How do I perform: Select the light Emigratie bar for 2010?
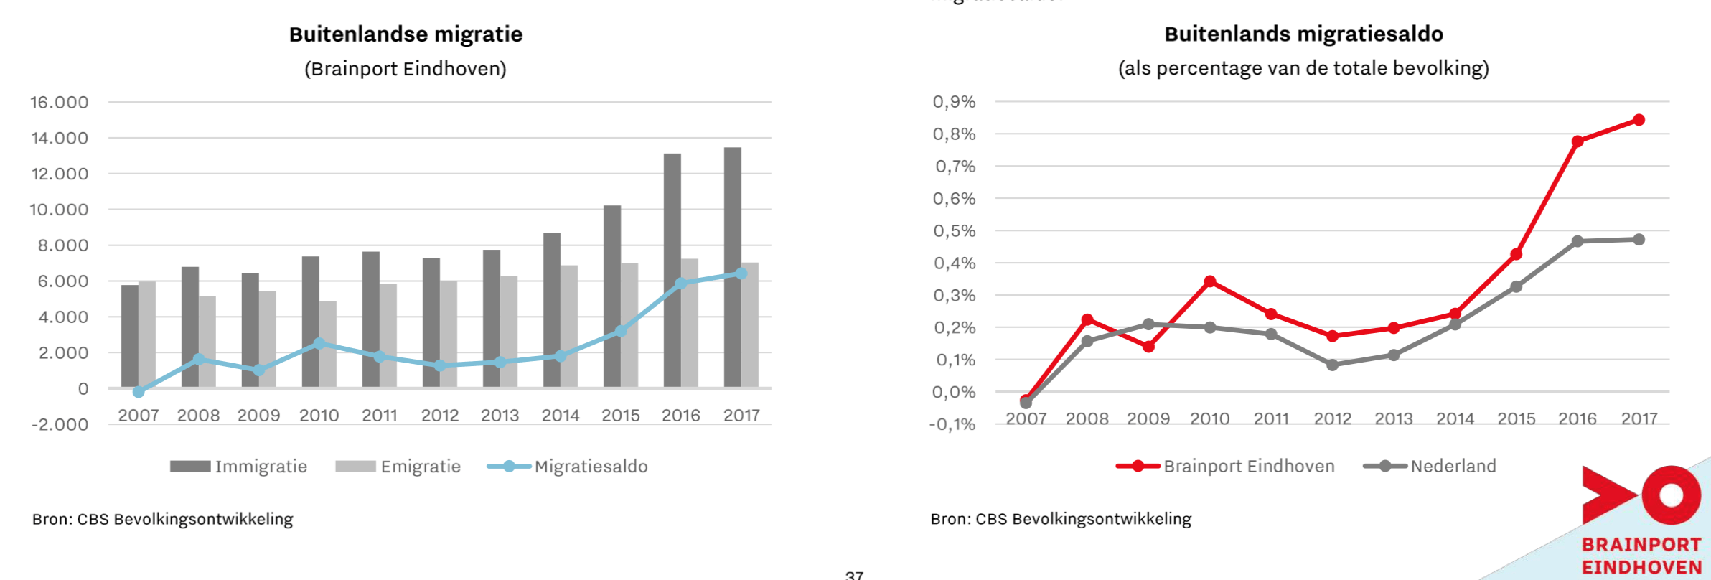pyautogui.click(x=328, y=345)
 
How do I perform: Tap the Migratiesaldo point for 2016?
pyautogui.click(x=681, y=284)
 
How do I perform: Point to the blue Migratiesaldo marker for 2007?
pyautogui.click(x=139, y=392)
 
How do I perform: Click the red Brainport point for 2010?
pyautogui.click(x=1210, y=281)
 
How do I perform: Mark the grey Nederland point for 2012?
pyautogui.click(x=1333, y=365)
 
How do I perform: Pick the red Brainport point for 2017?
pyautogui.click(x=1639, y=120)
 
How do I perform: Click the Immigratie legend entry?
pyautogui.click(x=239, y=467)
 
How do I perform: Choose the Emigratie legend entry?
pyautogui.click(x=398, y=467)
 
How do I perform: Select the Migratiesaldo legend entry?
pyautogui.click(x=568, y=467)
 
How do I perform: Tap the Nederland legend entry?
pyautogui.click(x=1430, y=466)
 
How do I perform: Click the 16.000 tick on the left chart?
pyautogui.click(x=60, y=103)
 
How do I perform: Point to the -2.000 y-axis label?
pyautogui.click(x=60, y=424)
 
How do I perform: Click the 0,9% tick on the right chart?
pyautogui.click(x=954, y=102)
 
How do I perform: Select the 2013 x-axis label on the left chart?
pyautogui.click(x=500, y=416)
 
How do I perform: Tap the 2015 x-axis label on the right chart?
pyautogui.click(x=1516, y=418)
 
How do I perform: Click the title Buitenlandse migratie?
pyautogui.click(x=406, y=34)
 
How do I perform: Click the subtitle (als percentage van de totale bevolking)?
pyautogui.click(x=1303, y=69)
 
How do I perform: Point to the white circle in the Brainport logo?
pyautogui.click(x=1671, y=495)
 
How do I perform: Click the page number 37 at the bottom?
pyautogui.click(x=854, y=575)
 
